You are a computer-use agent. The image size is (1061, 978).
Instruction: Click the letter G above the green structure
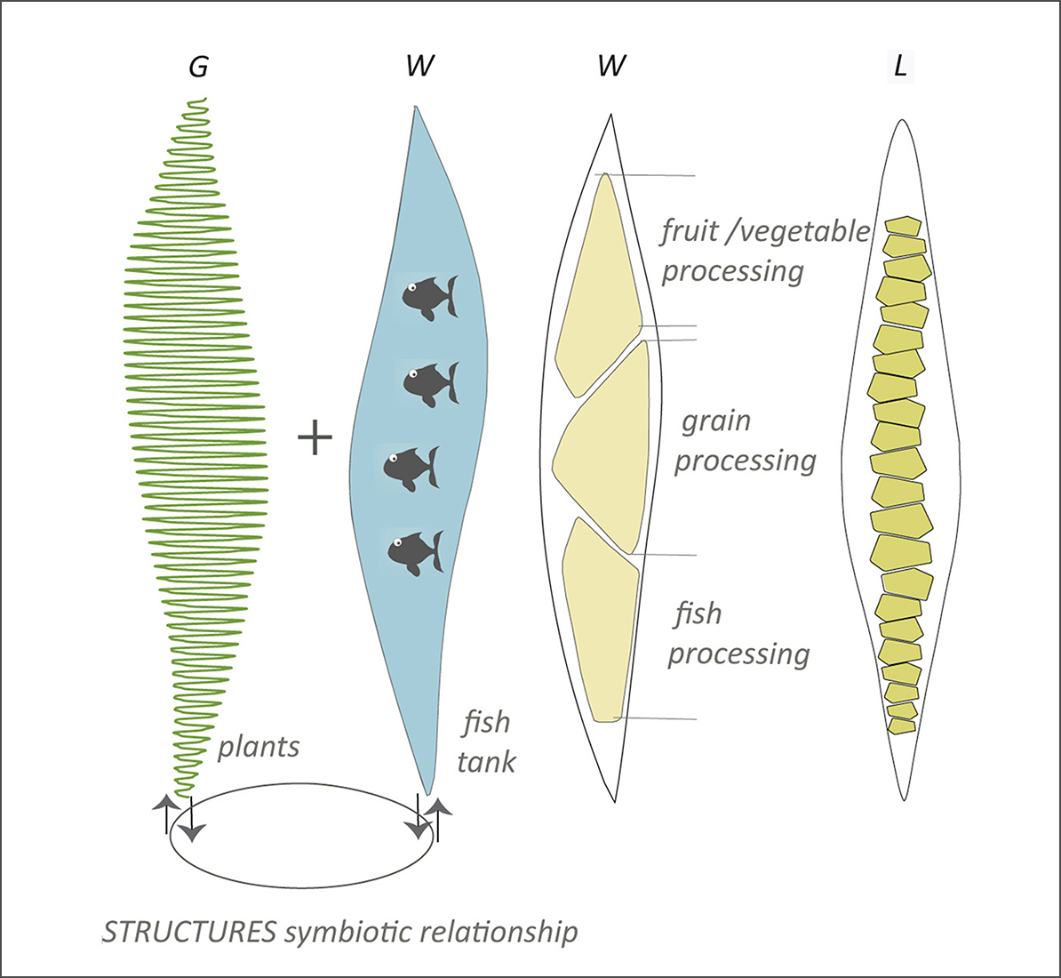pyautogui.click(x=199, y=67)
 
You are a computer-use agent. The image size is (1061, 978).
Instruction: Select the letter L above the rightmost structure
pyautogui.click(x=900, y=67)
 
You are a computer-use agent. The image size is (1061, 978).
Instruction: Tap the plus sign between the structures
pyautogui.click(x=315, y=438)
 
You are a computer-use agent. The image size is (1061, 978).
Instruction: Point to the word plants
pyautogui.click(x=259, y=747)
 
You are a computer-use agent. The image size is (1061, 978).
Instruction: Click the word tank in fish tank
pyautogui.click(x=486, y=762)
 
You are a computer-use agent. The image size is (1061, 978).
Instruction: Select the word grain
pyautogui.click(x=716, y=421)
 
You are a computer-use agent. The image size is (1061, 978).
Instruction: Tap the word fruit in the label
pyautogui.click(x=690, y=231)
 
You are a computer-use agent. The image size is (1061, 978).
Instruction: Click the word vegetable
pyautogui.click(x=804, y=231)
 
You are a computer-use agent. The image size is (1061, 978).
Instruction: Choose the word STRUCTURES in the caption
pyautogui.click(x=189, y=932)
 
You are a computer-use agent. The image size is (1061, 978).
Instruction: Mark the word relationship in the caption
pyautogui.click(x=499, y=932)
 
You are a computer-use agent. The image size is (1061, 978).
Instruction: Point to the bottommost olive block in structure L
pyautogui.click(x=902, y=726)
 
